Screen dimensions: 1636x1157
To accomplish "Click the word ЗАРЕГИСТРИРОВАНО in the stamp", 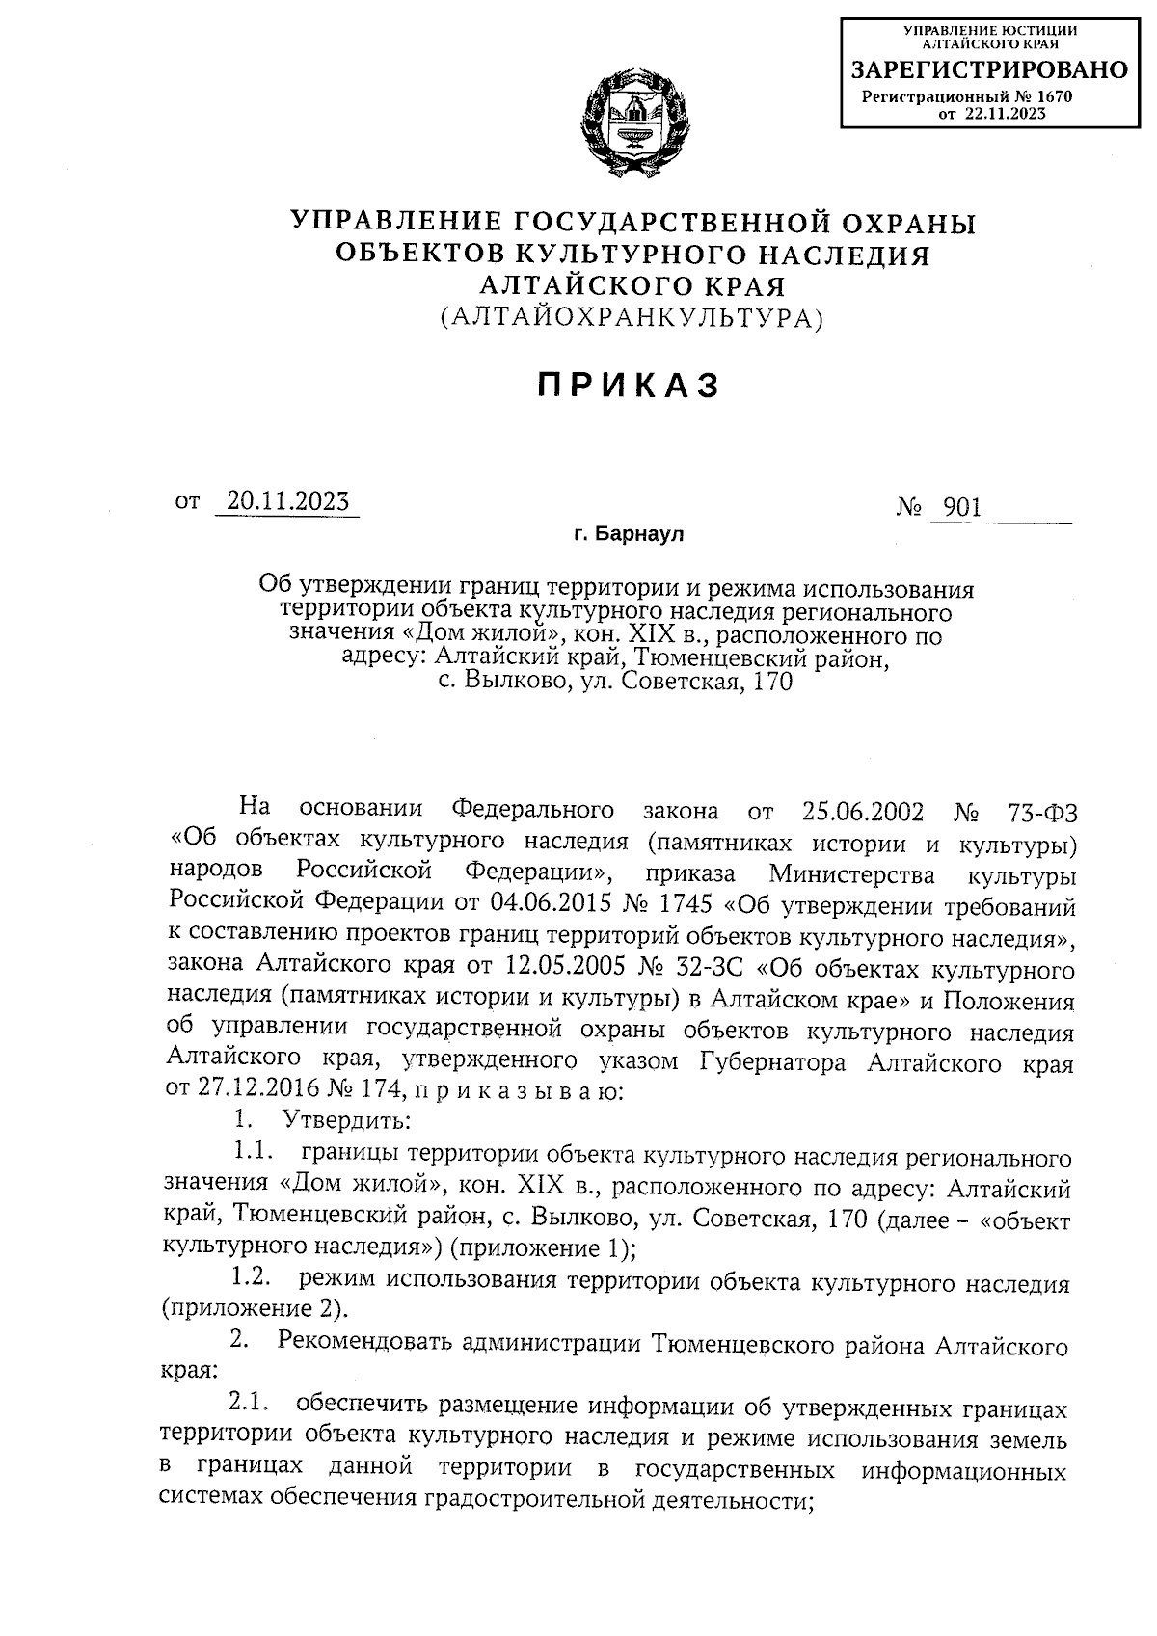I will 988,70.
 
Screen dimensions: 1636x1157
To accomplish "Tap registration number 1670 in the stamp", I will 1055,96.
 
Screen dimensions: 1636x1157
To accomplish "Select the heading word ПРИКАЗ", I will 629,386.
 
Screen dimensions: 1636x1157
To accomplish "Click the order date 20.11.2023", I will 286,502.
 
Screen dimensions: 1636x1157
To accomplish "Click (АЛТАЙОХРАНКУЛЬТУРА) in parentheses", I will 632,317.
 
